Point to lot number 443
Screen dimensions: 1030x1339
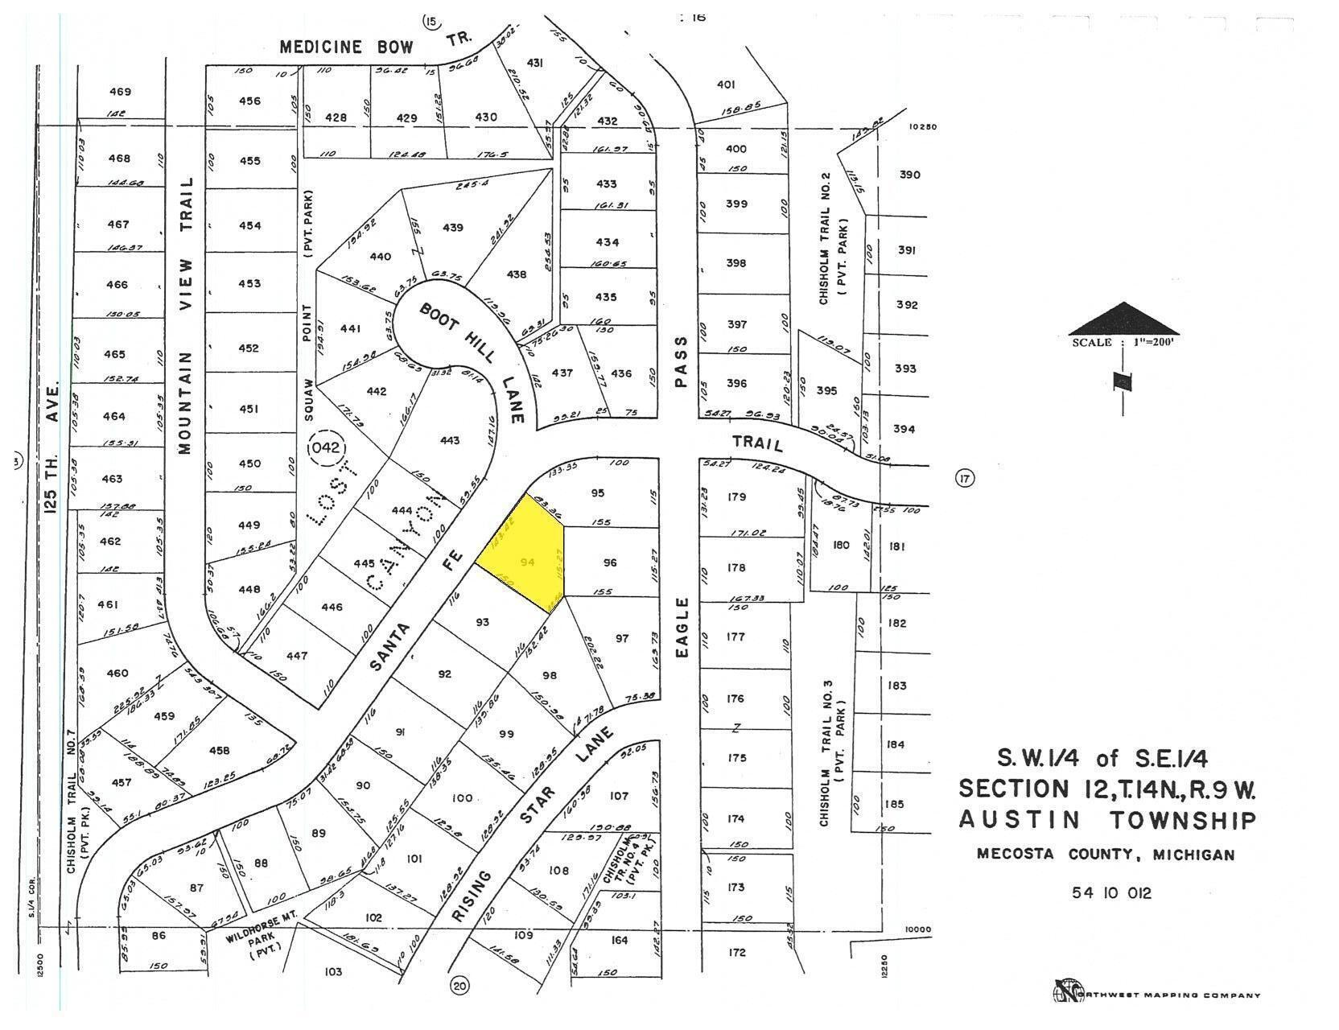450,440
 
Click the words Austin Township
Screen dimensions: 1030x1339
1106,820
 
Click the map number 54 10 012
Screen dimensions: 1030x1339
1111,892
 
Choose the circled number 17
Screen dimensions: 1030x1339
964,479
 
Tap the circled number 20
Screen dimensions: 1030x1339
459,984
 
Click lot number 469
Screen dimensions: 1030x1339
120,92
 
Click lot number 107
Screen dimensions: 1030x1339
618,796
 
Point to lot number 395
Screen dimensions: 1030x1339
826,390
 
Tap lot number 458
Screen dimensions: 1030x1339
219,751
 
